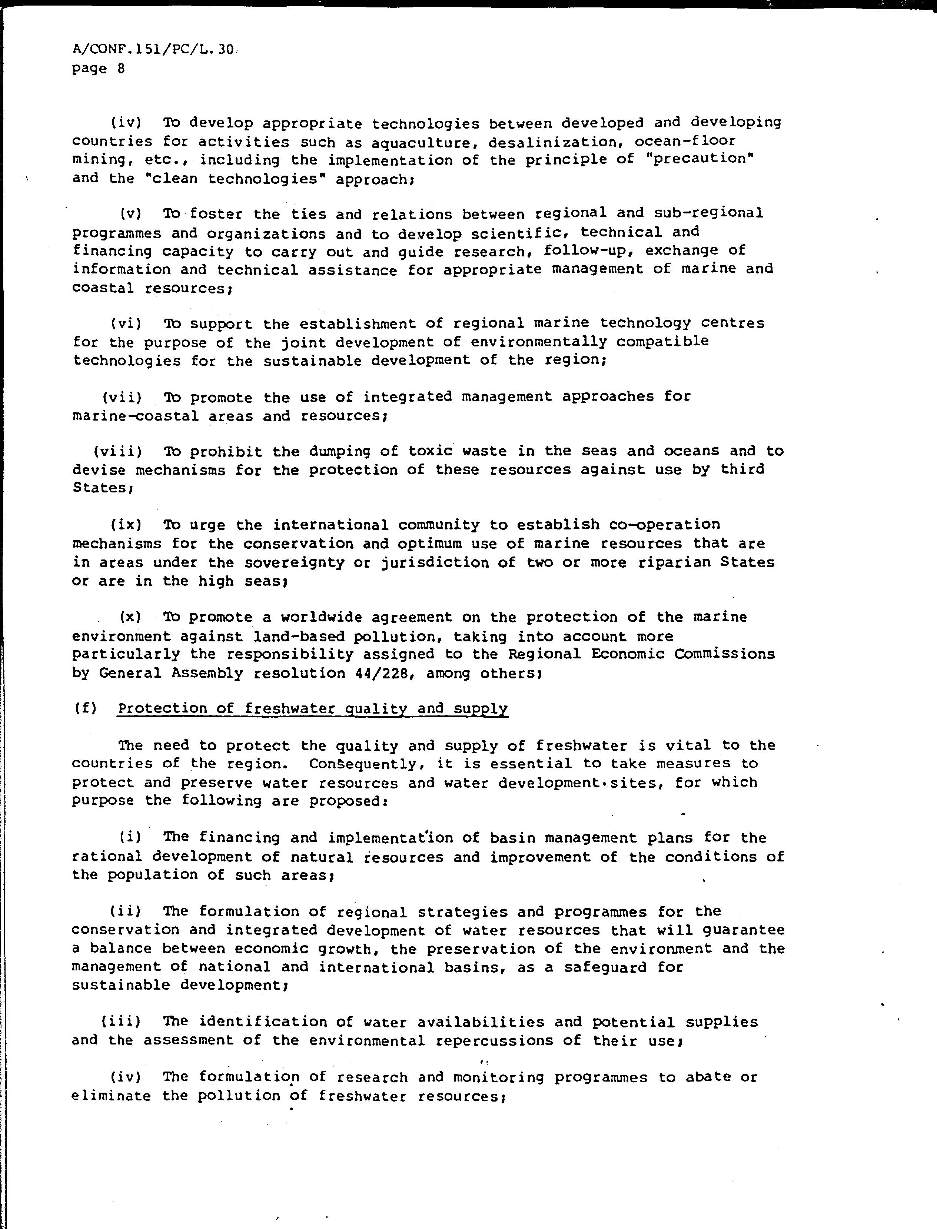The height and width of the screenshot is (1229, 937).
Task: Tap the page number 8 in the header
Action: (x=121, y=69)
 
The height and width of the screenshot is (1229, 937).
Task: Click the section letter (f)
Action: (x=85, y=709)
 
